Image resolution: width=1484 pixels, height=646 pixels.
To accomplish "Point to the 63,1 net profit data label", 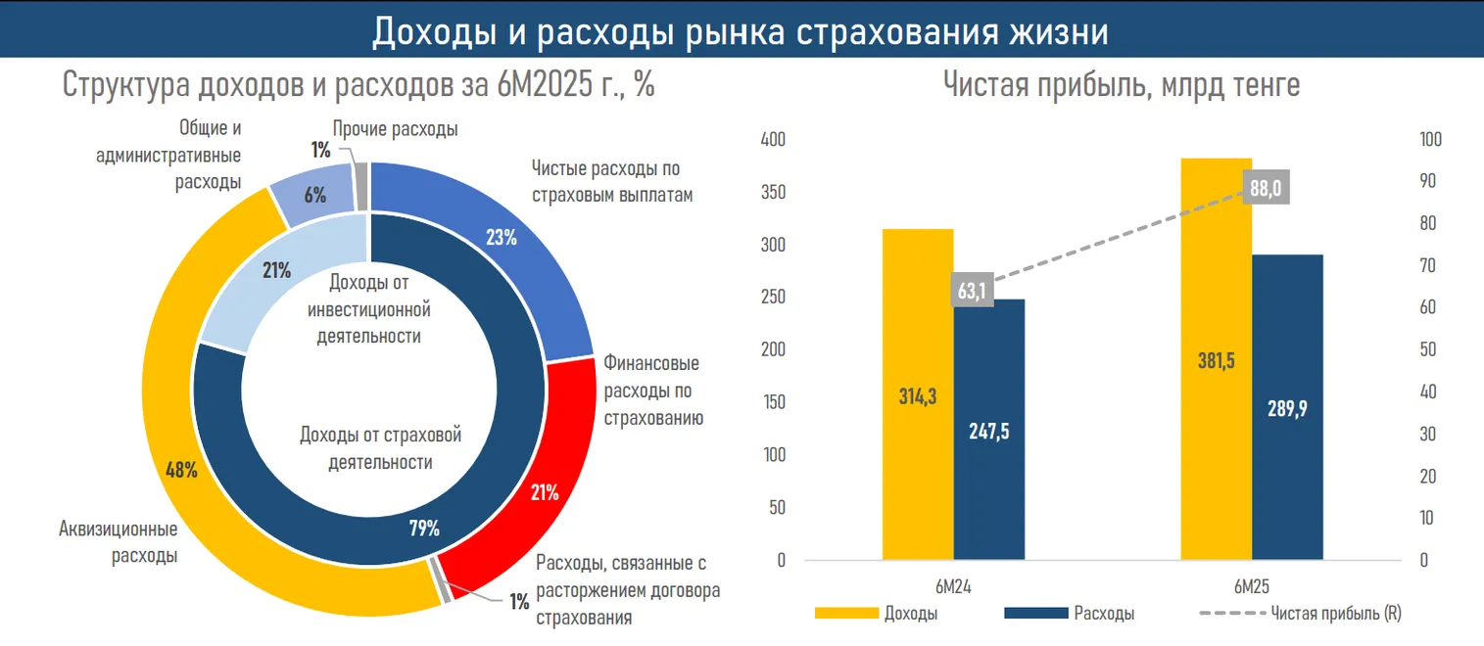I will tap(973, 290).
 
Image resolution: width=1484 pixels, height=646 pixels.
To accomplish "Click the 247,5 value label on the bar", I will tap(989, 432).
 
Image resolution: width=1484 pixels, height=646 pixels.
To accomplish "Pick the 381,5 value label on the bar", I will tap(1217, 361).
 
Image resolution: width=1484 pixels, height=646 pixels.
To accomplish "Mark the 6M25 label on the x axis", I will tap(1252, 587).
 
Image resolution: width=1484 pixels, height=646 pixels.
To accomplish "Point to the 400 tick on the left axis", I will tap(773, 140).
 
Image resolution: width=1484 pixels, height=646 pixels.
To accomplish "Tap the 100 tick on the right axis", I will tap(1432, 140).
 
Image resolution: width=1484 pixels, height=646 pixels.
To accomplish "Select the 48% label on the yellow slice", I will tap(181, 470).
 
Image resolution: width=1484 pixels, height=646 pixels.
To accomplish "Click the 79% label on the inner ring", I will tap(423, 529).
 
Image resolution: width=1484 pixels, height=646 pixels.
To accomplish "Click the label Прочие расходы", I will tap(395, 128).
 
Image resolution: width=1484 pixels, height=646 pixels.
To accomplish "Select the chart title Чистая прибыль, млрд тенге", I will tap(1122, 84).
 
